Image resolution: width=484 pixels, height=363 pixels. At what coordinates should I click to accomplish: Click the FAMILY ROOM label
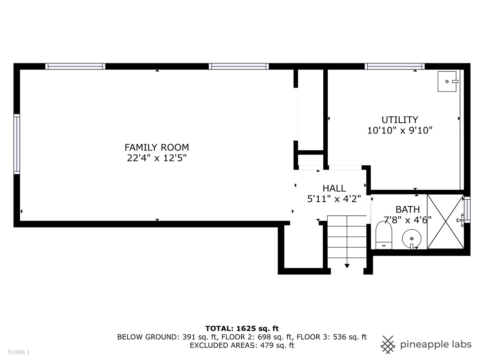click(157, 147)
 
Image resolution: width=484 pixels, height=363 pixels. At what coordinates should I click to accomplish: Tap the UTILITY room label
click(400, 120)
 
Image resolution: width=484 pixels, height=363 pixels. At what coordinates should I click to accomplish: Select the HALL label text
click(334, 189)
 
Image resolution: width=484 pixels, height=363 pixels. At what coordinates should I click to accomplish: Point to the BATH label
click(407, 209)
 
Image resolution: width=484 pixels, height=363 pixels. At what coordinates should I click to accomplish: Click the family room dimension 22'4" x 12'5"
click(157, 158)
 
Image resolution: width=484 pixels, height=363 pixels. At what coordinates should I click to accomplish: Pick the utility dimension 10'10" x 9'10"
click(400, 130)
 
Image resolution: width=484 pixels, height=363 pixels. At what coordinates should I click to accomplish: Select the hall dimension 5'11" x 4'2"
click(334, 199)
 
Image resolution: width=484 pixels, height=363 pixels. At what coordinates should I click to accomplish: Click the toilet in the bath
click(384, 235)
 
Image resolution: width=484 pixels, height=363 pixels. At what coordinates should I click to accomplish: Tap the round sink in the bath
click(412, 239)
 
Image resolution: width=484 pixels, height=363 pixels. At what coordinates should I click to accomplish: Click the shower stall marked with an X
click(445, 222)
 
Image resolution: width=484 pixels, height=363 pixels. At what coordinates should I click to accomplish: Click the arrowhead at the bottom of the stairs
click(347, 266)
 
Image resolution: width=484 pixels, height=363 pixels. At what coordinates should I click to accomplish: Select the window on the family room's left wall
click(17, 144)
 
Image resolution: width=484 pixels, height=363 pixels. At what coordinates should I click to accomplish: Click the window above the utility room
click(395, 66)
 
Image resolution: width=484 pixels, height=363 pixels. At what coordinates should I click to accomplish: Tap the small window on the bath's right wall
click(467, 210)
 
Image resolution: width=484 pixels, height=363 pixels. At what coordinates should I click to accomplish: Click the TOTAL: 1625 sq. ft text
click(242, 329)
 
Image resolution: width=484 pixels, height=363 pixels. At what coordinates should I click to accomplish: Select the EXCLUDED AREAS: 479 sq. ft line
click(242, 346)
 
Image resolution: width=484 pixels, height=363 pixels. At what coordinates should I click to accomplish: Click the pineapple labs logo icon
click(388, 345)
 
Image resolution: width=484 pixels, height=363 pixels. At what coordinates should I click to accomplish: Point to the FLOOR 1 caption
click(19, 353)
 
